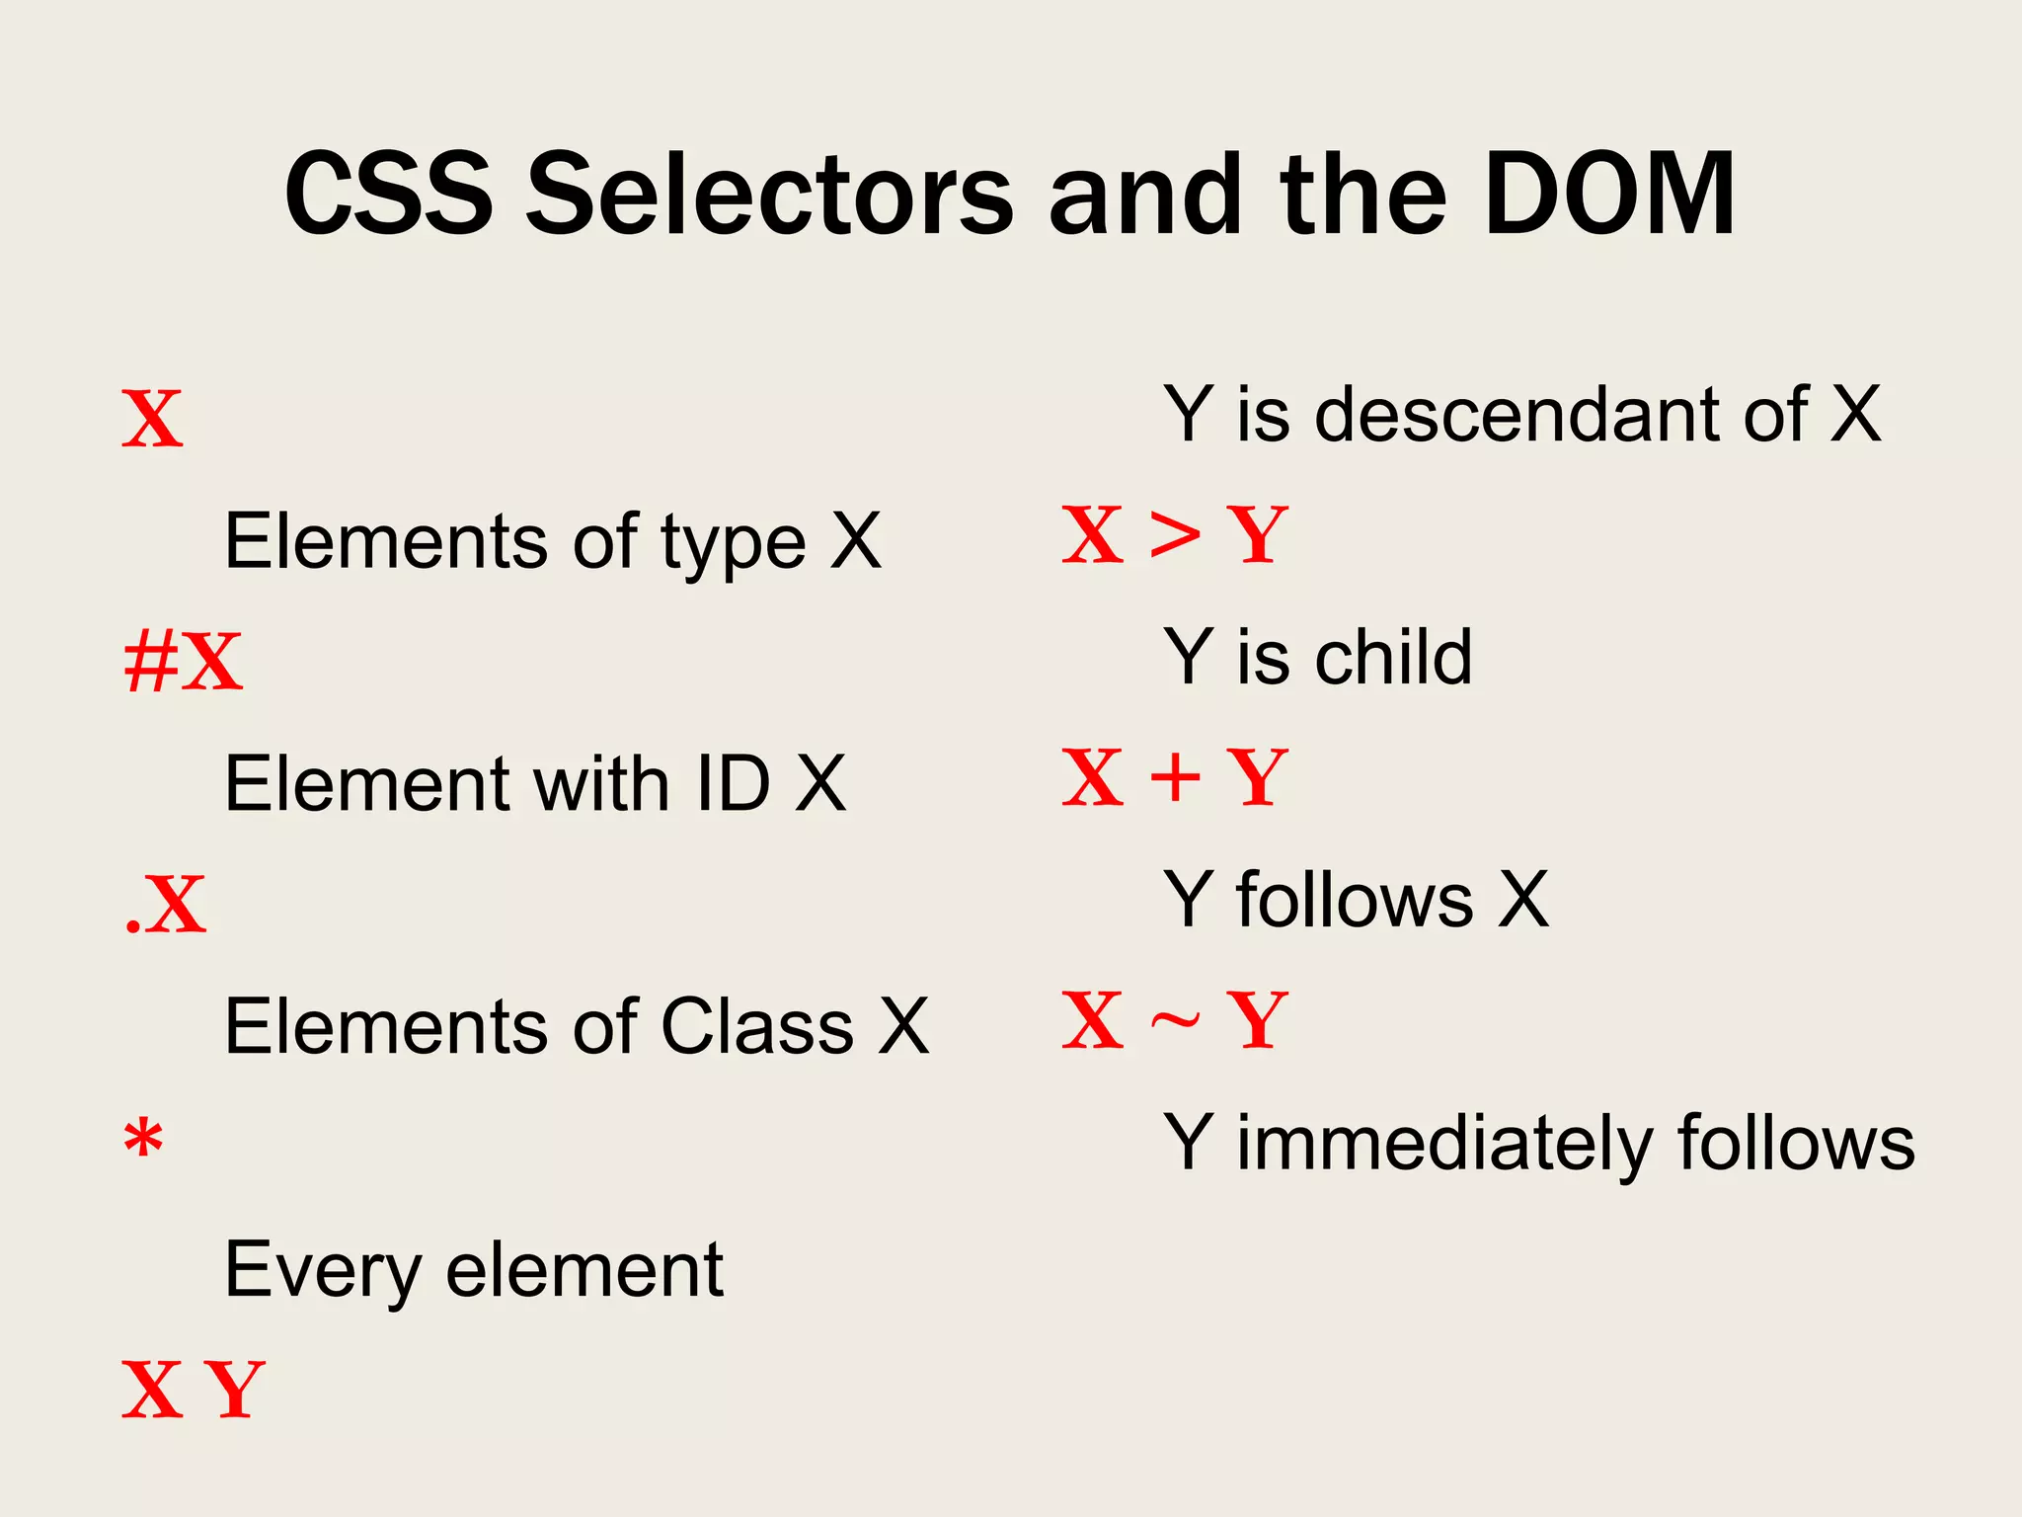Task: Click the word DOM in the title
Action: pos(1609,195)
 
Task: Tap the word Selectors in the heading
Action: pos(769,195)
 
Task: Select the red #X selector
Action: pos(183,662)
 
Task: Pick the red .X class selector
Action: pos(167,905)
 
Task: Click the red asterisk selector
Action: pos(143,1141)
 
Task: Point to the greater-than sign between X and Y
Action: pos(1175,536)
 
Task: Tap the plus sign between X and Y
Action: pos(1175,777)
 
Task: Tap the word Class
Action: pos(756,1026)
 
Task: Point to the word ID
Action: pos(733,784)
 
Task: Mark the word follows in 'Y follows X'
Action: pos(1355,900)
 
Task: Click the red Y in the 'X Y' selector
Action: pos(235,1390)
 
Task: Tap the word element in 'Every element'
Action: pos(584,1270)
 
